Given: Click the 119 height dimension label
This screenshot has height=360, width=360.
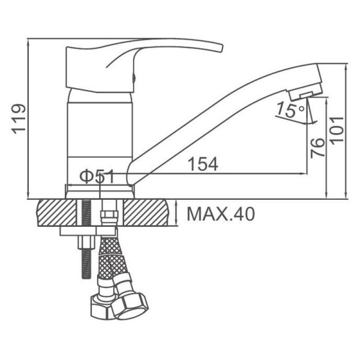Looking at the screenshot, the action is click(x=19, y=119).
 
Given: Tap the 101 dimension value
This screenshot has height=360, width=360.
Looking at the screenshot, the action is click(x=337, y=130).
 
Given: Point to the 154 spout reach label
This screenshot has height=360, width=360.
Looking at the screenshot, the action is click(x=203, y=164).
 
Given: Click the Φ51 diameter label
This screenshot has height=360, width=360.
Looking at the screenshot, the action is click(x=97, y=176).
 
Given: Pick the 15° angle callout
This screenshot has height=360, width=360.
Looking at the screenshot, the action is click(x=290, y=110).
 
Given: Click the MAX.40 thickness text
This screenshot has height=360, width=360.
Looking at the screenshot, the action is click(x=221, y=214).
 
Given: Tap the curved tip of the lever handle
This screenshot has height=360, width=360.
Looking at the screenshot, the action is click(x=220, y=48).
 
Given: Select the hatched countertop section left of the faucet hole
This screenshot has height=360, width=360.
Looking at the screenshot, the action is click(x=57, y=213).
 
